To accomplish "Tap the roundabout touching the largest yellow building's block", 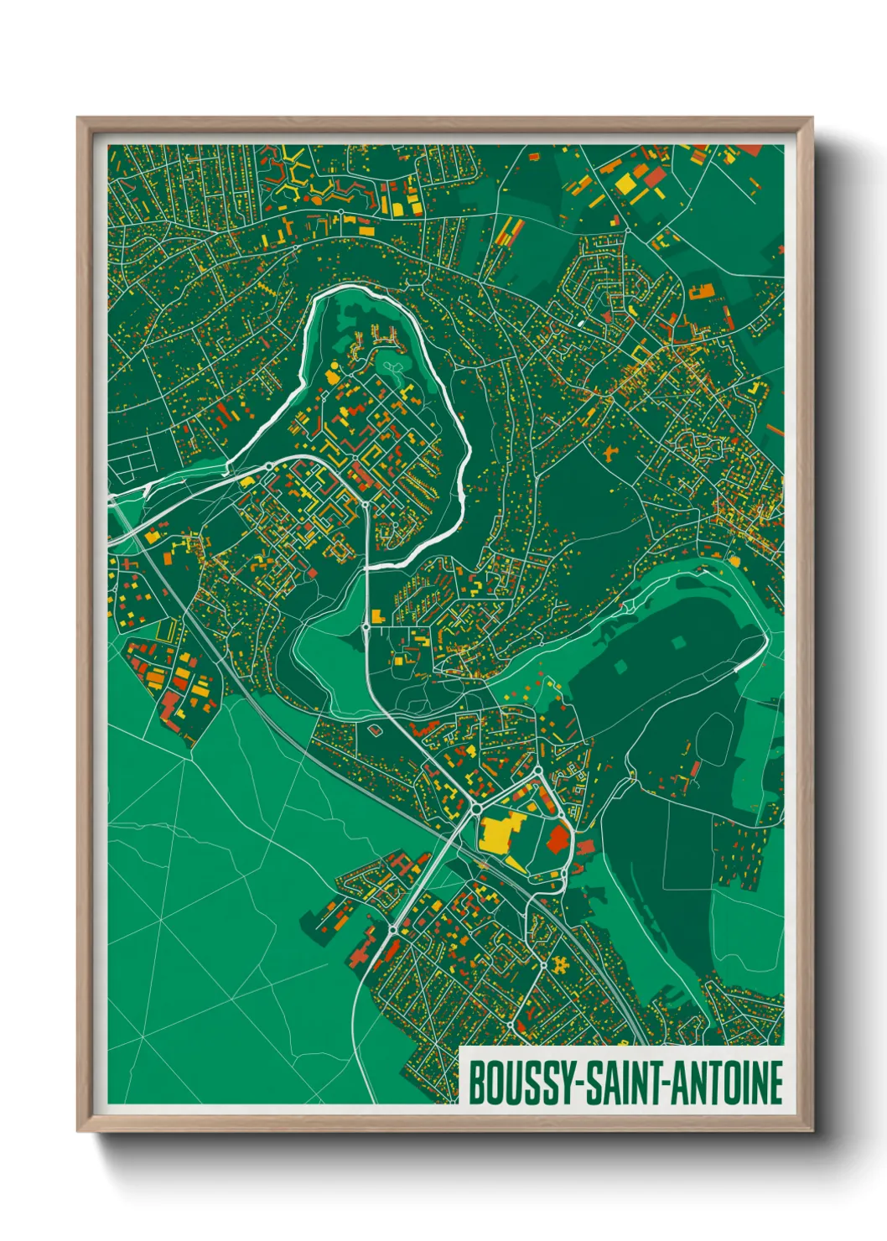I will pyautogui.click(x=476, y=808).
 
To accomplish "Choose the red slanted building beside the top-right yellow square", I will pyautogui.click(x=655, y=177).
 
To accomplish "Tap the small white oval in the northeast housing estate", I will pyautogui.click(x=578, y=321).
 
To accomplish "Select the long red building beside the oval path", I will pyautogui.click(x=695, y=770).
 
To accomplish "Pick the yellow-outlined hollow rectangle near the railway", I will pyautogui.click(x=169, y=629).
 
